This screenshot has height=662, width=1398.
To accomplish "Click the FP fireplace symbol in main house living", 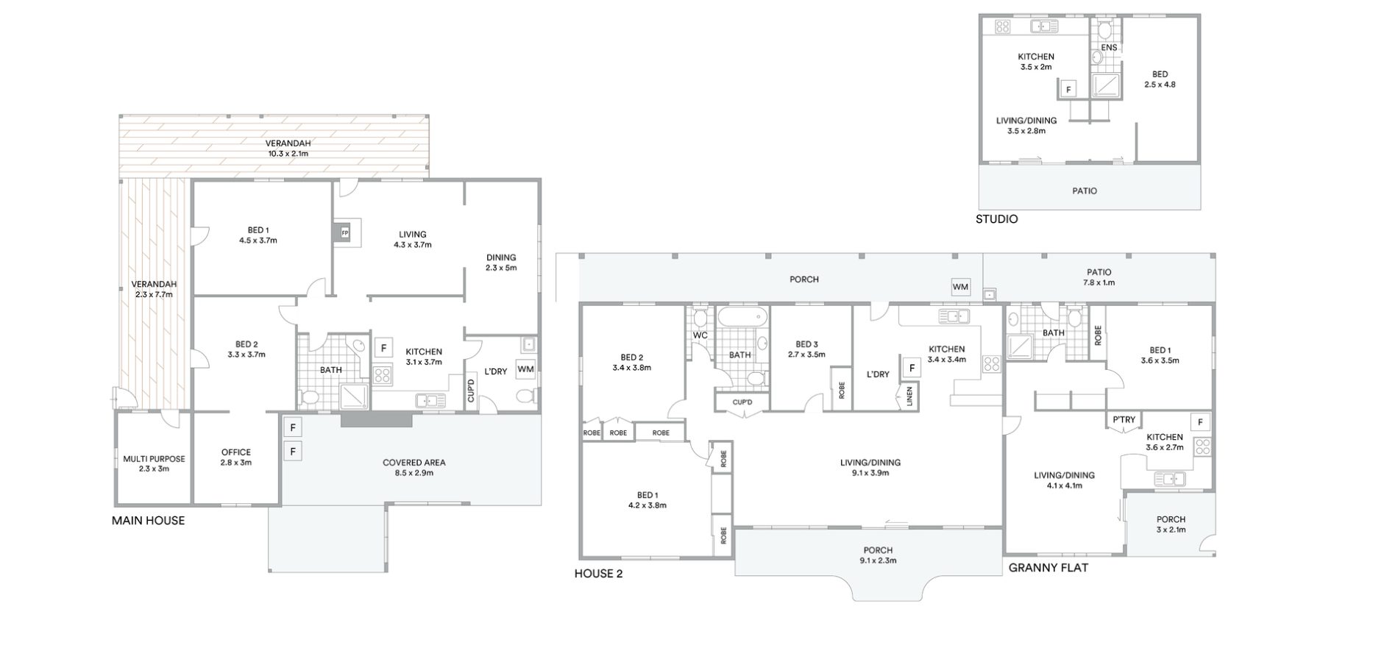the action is click(x=344, y=233).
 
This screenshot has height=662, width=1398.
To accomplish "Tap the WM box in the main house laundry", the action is click(x=525, y=369).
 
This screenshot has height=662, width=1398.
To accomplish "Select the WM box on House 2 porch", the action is click(x=960, y=286).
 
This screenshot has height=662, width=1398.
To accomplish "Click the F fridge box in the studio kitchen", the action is click(x=1068, y=90).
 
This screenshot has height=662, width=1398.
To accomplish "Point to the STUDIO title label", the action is click(x=997, y=219).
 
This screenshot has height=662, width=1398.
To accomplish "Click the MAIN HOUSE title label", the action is click(x=148, y=521).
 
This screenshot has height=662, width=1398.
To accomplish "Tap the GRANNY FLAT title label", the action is click(x=1048, y=568).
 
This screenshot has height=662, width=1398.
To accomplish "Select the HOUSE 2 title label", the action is click(x=598, y=574).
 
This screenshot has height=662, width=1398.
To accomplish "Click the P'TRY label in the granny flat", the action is click(x=1124, y=420).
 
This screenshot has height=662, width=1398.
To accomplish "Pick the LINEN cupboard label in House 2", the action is click(x=909, y=396).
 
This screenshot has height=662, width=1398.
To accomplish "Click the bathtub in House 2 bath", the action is click(x=742, y=318).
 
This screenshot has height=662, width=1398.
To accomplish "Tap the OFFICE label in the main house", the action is click(x=236, y=452).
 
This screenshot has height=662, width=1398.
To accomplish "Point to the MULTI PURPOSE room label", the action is click(x=154, y=459).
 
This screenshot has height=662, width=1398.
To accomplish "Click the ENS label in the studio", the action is click(x=1109, y=48).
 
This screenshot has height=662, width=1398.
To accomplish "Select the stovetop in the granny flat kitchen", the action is click(x=1202, y=446).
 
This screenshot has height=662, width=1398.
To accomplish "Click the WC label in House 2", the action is click(x=700, y=335).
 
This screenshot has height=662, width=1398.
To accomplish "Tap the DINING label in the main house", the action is click(x=501, y=257).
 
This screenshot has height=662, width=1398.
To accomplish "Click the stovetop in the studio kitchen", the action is click(x=1003, y=27).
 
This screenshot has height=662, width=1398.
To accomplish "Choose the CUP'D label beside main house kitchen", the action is click(x=471, y=390).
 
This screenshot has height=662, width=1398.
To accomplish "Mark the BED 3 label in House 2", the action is click(x=806, y=344).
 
